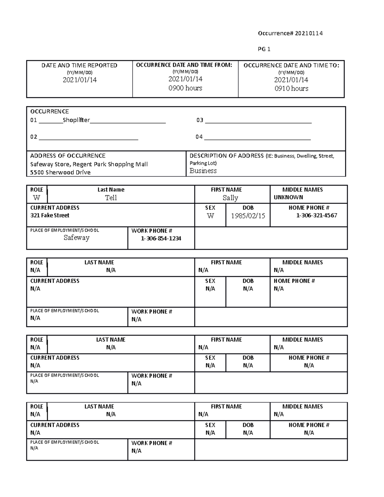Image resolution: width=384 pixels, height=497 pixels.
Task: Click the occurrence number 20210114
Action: [x=308, y=33]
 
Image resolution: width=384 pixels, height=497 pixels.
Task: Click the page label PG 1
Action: [x=264, y=49]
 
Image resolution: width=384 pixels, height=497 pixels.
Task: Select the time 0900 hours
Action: [x=185, y=88]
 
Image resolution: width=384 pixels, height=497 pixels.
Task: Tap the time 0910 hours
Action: [x=291, y=89]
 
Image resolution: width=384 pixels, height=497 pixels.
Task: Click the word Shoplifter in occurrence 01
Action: [x=76, y=120]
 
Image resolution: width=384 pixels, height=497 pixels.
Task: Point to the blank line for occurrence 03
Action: [x=258, y=122]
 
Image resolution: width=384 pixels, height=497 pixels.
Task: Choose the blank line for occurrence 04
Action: [x=257, y=138]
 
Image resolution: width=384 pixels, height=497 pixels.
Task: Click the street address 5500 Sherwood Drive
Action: [x=60, y=172]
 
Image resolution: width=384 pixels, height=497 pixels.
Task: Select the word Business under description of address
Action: [x=203, y=171]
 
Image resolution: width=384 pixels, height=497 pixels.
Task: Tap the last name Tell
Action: [x=111, y=198]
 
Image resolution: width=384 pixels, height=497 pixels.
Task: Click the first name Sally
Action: [x=230, y=198]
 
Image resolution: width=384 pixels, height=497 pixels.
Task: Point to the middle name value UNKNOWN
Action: [x=288, y=197]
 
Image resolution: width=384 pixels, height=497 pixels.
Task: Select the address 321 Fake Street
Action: [x=50, y=215]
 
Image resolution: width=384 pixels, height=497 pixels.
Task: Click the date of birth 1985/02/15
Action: [x=248, y=216]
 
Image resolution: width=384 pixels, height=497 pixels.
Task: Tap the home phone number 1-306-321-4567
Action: [x=316, y=215]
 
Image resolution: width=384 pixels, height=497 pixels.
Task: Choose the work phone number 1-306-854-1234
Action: [x=161, y=238]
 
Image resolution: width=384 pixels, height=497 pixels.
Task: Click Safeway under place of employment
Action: [x=76, y=237]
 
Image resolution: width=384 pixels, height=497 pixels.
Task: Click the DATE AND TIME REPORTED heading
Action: [x=79, y=66]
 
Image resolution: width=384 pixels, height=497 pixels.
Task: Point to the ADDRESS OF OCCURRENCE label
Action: [x=68, y=156]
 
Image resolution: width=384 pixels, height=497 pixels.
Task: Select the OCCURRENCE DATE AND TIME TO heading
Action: [x=291, y=66]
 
